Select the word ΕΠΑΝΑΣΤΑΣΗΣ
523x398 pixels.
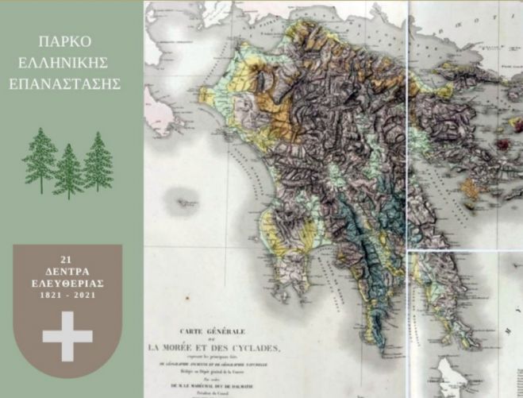click(x=71, y=82)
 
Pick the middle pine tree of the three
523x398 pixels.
click(x=68, y=170)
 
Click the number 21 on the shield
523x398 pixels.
click(x=67, y=259)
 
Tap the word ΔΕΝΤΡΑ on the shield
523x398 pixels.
click(x=67, y=270)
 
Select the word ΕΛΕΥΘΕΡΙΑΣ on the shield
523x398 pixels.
click(x=67, y=281)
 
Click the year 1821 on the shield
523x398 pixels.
click(x=51, y=293)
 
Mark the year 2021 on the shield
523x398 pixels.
click(x=84, y=293)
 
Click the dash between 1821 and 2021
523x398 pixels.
click(x=67, y=293)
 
